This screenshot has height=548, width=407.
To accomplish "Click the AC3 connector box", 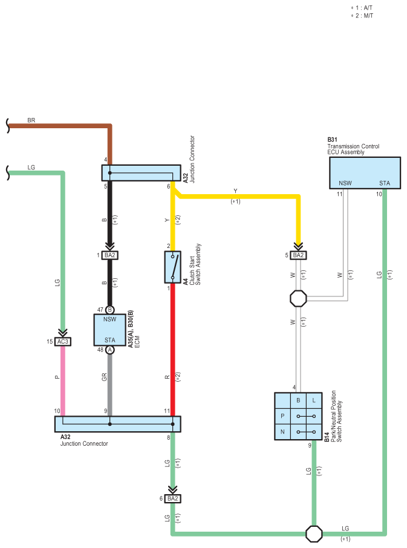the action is (63, 342).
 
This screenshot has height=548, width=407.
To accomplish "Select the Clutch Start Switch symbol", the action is (172, 267).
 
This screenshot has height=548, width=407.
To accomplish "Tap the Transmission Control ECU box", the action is (365, 173).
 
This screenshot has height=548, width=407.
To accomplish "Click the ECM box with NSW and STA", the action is (109, 330).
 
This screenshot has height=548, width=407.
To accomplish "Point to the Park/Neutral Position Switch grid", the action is (298, 416).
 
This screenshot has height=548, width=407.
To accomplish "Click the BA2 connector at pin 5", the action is (298, 255).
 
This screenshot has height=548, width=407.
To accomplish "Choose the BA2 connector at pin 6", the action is (172, 498).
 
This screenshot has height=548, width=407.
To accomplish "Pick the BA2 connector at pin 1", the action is (109, 255).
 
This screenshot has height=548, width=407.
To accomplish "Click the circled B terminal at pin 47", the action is (109, 310).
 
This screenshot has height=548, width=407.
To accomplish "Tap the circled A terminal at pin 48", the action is (109, 350).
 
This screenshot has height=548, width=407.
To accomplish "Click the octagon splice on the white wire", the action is (298, 298).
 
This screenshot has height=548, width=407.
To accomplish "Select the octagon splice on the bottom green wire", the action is (314, 533).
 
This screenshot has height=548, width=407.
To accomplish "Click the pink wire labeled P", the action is (63, 381).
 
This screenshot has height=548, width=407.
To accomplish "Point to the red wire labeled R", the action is (172, 350).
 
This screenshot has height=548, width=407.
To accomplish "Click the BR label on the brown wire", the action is (31, 120).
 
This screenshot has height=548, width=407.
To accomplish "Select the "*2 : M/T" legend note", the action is (362, 16).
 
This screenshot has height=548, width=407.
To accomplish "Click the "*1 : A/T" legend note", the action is (362, 8).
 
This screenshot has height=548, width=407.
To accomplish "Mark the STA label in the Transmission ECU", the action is (385, 183).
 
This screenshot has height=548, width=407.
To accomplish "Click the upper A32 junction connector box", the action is (141, 173).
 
